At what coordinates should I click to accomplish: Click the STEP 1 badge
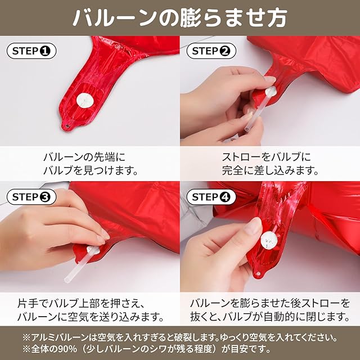[x=31, y=51]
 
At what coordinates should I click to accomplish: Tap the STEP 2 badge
[x=211, y=51]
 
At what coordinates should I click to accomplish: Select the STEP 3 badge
[x=31, y=197]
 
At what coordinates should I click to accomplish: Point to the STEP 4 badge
[x=211, y=197]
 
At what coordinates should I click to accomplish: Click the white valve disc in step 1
[x=85, y=100]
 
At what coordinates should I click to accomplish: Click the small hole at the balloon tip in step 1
[x=67, y=126]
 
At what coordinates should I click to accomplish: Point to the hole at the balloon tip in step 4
[x=258, y=274]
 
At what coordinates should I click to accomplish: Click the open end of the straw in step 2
[x=247, y=129]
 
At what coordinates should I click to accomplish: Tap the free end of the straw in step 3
[x=67, y=280]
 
